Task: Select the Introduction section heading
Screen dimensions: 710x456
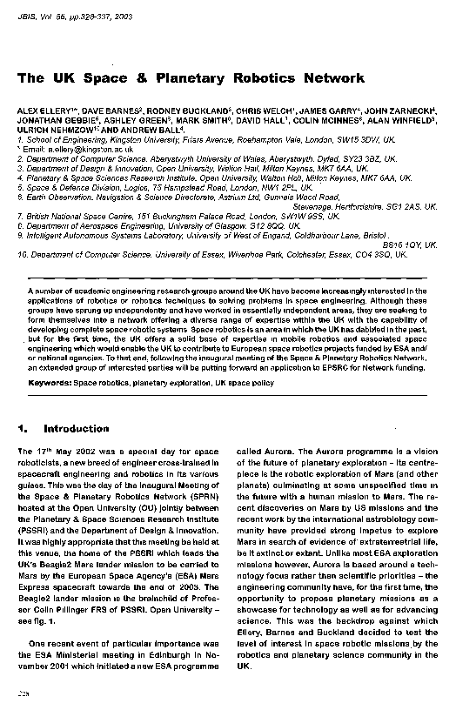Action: [76, 429]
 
